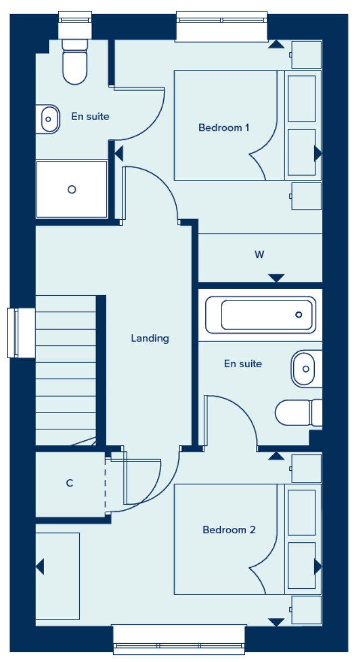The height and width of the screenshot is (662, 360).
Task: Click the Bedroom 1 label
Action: (224, 128)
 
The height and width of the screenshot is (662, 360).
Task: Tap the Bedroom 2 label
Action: (229, 529)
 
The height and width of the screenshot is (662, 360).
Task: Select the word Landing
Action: (150, 338)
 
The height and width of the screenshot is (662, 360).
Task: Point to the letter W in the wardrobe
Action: (259, 254)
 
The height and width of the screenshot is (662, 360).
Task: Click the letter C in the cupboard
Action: (70, 483)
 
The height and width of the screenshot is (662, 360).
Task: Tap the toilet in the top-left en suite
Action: (75, 62)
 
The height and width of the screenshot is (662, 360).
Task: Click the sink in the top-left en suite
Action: (47, 119)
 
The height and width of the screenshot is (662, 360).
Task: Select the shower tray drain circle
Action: (72, 190)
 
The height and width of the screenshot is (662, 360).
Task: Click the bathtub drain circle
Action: (299, 315)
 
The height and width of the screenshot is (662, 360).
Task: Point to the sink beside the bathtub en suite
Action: (306, 368)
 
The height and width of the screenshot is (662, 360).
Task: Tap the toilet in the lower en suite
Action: (299, 413)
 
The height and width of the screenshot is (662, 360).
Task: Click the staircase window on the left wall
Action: (21, 333)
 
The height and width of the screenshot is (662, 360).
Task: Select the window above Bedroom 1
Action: (221, 26)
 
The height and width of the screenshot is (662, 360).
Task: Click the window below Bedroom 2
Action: (179, 639)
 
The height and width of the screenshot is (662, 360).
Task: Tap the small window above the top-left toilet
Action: (75, 25)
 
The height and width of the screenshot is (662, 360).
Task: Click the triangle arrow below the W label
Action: (276, 278)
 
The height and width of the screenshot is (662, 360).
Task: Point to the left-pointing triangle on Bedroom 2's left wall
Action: (40, 567)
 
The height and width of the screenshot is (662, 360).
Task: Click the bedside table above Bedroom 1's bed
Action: (306, 55)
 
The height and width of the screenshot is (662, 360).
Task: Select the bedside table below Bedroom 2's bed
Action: (306, 610)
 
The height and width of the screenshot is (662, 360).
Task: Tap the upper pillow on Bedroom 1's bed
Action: (301, 99)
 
